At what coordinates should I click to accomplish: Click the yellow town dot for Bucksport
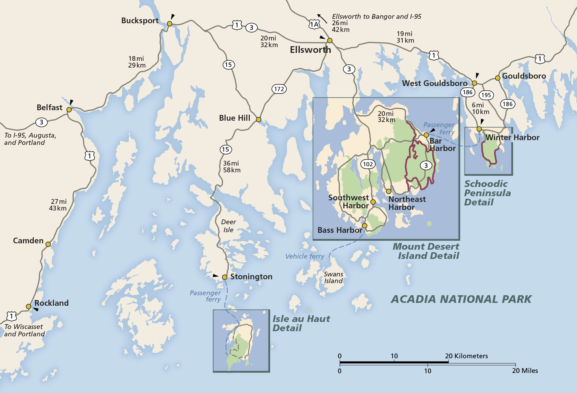pyautogui.click(x=170, y=24)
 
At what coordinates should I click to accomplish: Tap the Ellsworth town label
pyautogui.click(x=310, y=50)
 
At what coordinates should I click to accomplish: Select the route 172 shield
pyautogui.click(x=279, y=89)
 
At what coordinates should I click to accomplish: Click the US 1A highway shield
pyautogui.click(x=314, y=25)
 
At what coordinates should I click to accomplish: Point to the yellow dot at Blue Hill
pyautogui.click(x=258, y=120)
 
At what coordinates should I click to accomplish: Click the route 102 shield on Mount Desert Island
pyautogui.click(x=368, y=164)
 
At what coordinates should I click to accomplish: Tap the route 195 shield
pyautogui.click(x=486, y=95)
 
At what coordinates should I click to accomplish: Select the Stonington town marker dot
pyautogui.click(x=224, y=277)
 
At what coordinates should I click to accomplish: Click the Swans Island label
pyautogui.click(x=333, y=277)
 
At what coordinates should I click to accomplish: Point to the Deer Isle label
pyautogui.click(x=228, y=226)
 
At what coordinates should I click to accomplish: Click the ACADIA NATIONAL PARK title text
pyautogui.click(x=461, y=299)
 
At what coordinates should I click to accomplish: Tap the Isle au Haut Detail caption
pyautogui.click(x=301, y=323)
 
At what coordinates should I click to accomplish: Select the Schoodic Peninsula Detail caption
pyautogui.click(x=487, y=193)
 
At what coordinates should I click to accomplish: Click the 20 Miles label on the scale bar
pyautogui.click(x=525, y=371)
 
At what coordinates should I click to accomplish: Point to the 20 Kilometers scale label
pyautogui.click(x=466, y=356)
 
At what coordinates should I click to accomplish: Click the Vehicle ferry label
pyautogui.click(x=305, y=256)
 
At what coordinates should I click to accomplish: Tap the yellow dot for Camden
pyautogui.click(x=48, y=244)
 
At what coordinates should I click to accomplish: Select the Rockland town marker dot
pyautogui.click(x=29, y=306)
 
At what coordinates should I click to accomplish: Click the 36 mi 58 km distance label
pyautogui.click(x=231, y=167)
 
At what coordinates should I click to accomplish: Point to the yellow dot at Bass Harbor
pyautogui.click(x=365, y=226)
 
